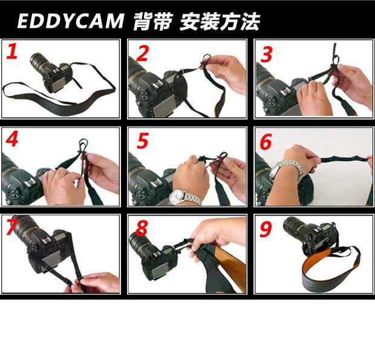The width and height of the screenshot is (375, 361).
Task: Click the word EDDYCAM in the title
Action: pos(71,21)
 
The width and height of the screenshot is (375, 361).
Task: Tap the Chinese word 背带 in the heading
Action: pos(153,22)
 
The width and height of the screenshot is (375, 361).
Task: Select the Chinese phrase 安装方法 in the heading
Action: pos(220,22)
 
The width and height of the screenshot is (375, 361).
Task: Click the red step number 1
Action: pos(12,51)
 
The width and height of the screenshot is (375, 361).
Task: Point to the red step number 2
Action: pos(143,53)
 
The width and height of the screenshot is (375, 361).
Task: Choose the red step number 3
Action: pos(267,54)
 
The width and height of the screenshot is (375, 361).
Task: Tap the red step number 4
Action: pos(12,139)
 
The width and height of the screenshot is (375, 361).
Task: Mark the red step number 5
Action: pos(143,141)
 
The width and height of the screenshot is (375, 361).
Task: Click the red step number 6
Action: pos(266,141)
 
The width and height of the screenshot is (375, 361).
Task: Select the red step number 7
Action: pos(11,227)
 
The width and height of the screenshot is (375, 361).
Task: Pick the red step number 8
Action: pos(142,228)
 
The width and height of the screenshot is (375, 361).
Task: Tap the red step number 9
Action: pos(266,229)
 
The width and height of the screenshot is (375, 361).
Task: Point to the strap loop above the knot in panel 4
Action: pos(83,145)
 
